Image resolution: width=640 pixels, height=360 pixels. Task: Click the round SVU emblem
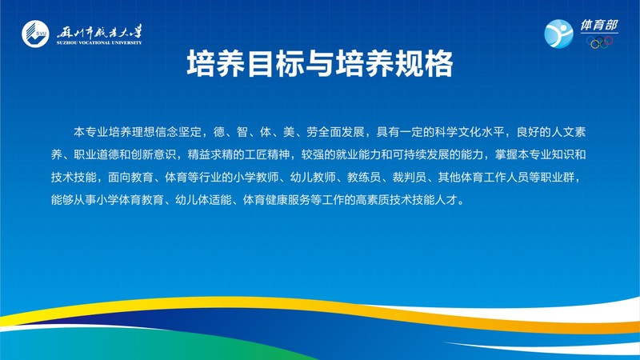pos(35,34)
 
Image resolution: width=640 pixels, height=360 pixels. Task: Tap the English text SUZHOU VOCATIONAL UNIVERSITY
pos(99,42)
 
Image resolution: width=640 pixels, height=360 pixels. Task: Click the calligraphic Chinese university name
pos(99,31)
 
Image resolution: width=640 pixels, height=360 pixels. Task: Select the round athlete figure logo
pos(558,34)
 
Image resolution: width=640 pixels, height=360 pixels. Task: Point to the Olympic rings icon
pos(599,42)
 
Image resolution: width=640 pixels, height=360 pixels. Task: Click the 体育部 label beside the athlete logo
pos(599,26)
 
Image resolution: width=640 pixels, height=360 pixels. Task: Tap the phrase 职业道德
pos(97,154)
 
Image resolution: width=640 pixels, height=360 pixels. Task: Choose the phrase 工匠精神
pos(267,154)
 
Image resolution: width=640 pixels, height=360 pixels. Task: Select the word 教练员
pos(364,177)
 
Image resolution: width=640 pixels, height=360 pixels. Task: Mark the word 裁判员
pos(410,177)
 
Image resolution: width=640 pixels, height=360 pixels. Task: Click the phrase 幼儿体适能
pos(203,200)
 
